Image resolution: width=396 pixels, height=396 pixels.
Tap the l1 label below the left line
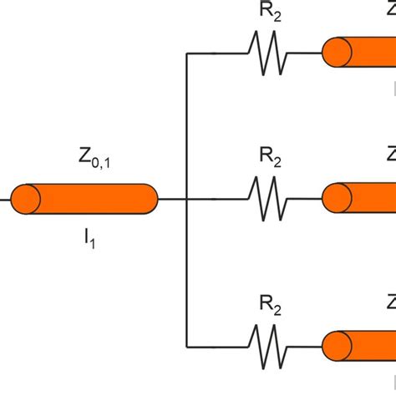(88, 243)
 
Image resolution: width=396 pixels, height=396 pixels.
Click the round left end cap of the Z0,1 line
(25, 199)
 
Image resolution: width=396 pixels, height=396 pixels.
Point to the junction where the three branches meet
(186, 199)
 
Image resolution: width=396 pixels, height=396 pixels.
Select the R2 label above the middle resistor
(269, 158)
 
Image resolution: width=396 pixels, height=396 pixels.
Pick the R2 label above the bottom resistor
(269, 308)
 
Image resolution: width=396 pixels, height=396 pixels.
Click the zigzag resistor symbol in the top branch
(267, 53)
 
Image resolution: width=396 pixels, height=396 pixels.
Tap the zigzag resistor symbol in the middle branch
(267, 199)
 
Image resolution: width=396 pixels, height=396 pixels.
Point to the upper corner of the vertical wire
(186, 53)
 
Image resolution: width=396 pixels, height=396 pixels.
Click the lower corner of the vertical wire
(186, 346)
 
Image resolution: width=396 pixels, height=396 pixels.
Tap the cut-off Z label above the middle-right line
(390, 155)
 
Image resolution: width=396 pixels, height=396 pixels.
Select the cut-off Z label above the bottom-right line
(390, 302)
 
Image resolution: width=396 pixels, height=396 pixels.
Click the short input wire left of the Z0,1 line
(5, 199)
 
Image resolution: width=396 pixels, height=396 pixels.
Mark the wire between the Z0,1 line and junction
(171, 199)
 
